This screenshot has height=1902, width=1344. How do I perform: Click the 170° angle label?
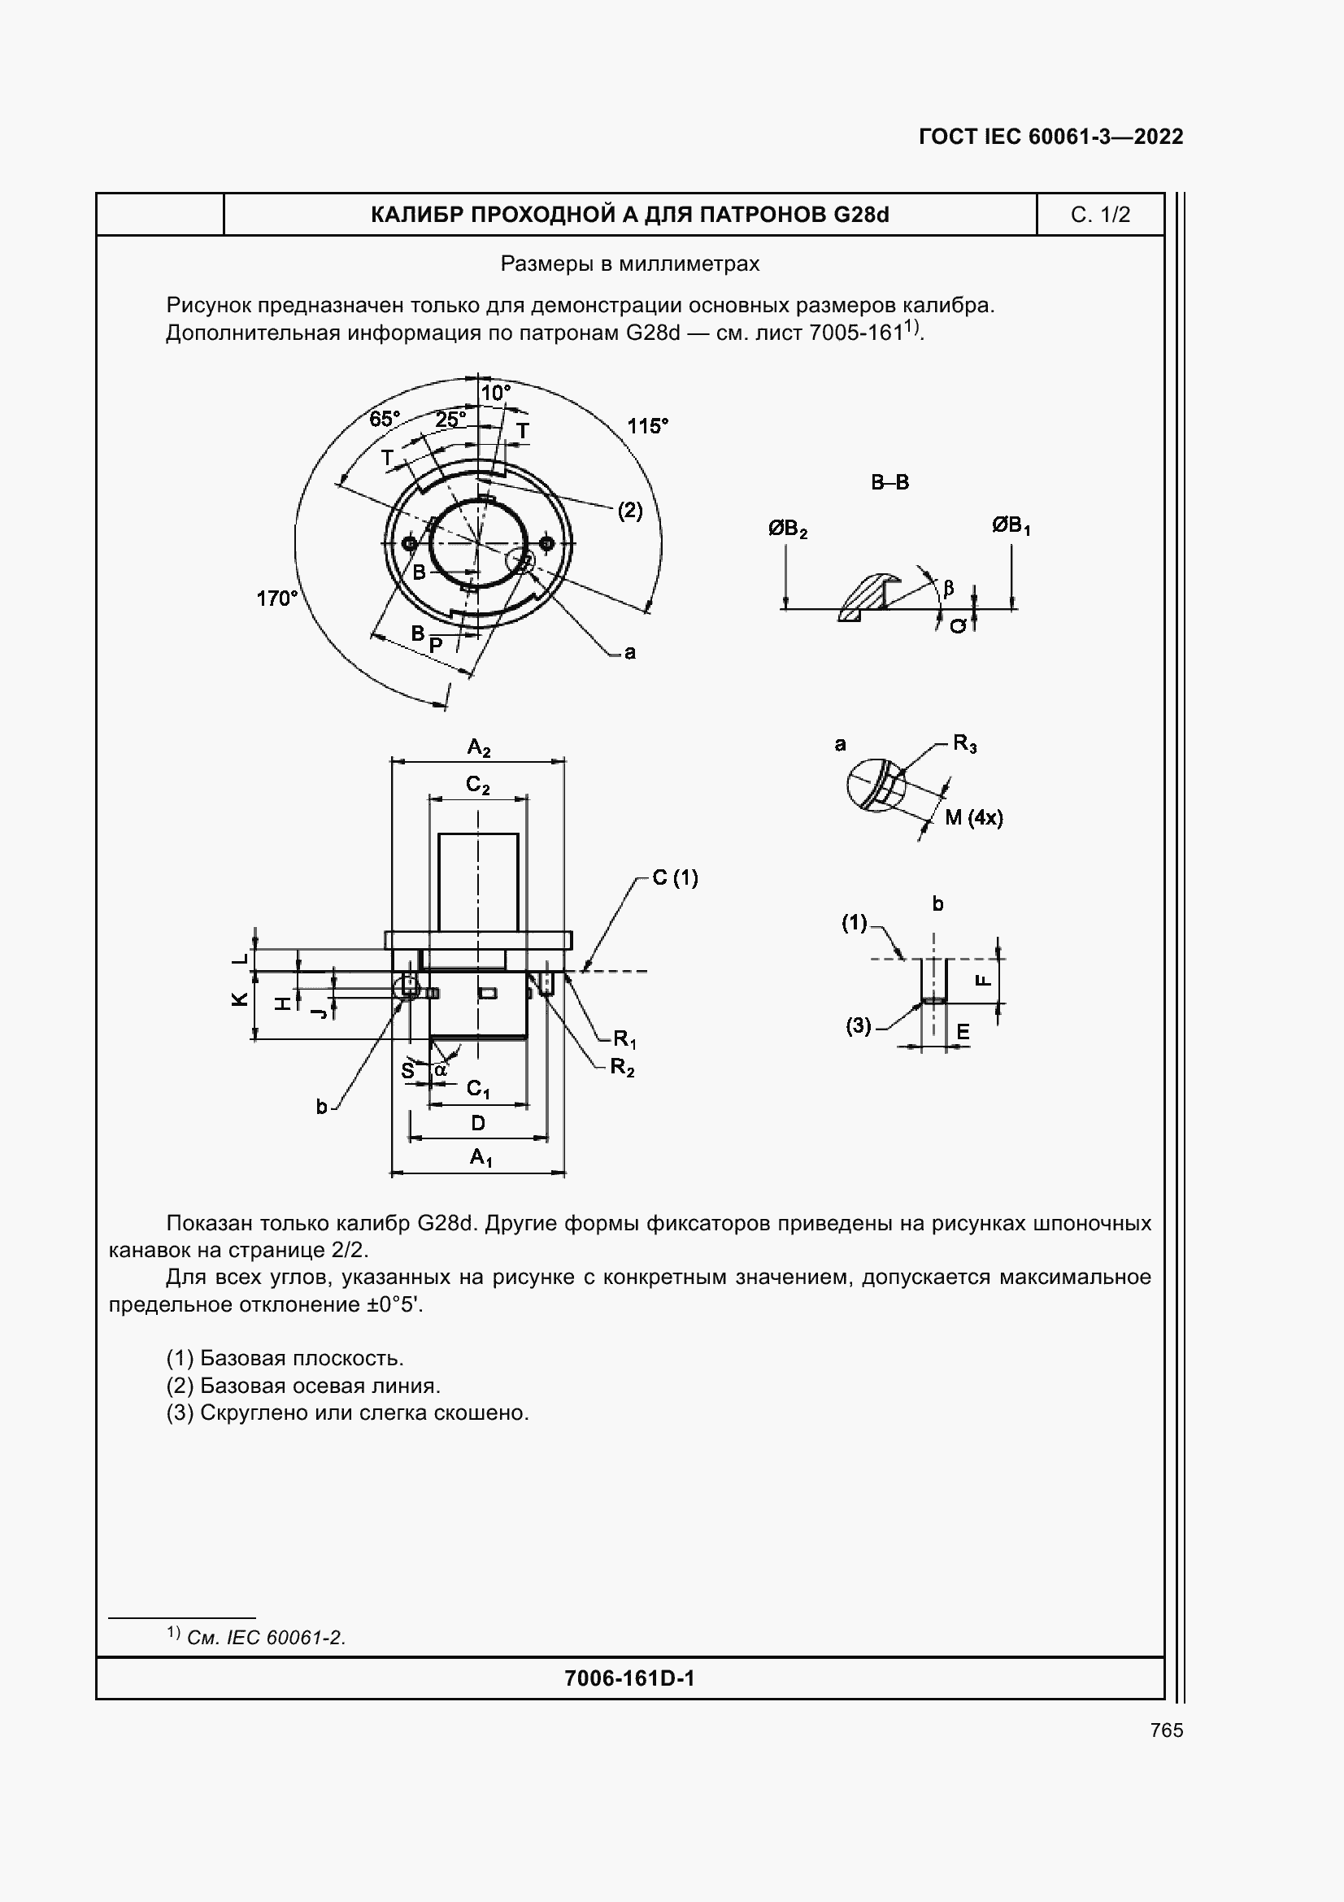(x=276, y=598)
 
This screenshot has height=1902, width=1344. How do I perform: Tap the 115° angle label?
(x=647, y=427)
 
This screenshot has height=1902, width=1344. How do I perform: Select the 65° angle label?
(x=385, y=419)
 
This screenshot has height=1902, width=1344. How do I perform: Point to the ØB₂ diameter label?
(x=788, y=529)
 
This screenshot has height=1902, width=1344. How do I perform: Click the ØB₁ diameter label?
(x=1011, y=525)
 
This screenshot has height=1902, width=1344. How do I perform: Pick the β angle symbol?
(x=949, y=588)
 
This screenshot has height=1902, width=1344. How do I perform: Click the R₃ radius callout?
(x=965, y=743)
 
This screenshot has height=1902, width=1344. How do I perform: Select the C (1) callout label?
(x=675, y=877)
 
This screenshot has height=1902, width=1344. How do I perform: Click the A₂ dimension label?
(x=479, y=748)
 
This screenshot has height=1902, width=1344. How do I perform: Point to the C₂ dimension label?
(x=478, y=785)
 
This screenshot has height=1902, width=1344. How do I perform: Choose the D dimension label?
(x=478, y=1124)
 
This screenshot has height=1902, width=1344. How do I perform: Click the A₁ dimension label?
(x=481, y=1157)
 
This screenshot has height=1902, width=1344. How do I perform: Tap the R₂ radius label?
(x=622, y=1067)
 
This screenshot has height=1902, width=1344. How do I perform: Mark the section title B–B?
(x=890, y=482)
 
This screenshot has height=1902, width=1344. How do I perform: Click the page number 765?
(x=1167, y=1730)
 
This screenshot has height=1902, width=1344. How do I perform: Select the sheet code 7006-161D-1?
(x=629, y=1678)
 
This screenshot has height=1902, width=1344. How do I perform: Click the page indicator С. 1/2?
(x=1100, y=215)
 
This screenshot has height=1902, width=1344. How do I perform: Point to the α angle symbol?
(x=441, y=1069)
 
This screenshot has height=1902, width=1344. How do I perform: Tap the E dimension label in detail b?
(x=963, y=1032)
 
